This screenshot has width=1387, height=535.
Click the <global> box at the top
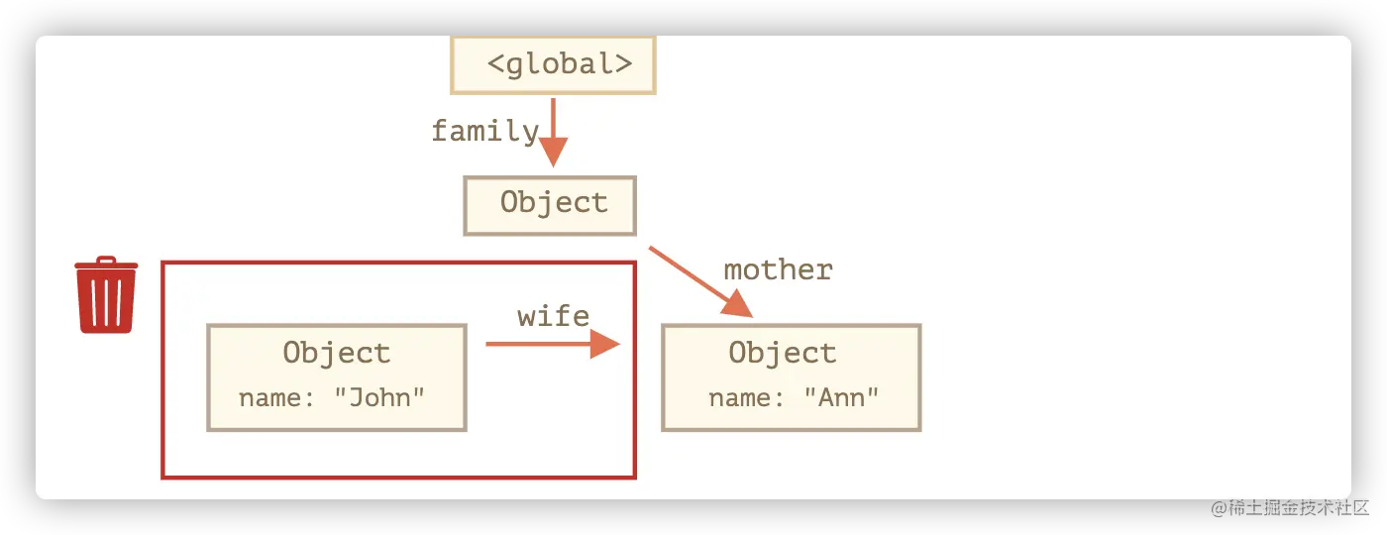point(553,64)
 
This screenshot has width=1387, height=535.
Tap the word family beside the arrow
point(484,131)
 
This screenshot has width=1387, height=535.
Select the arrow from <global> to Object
point(553,129)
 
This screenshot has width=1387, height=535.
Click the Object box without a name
point(550,205)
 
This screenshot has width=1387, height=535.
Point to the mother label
point(778,269)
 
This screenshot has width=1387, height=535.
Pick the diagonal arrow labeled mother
point(698,280)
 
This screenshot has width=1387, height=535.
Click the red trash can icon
point(106,297)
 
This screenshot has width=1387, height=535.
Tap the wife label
point(553,316)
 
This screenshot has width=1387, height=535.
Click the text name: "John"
point(332,398)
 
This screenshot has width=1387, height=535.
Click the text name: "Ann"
point(794,398)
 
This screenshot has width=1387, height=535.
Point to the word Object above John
point(337,353)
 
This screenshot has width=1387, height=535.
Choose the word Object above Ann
point(783,353)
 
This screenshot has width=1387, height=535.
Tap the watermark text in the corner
point(1287,506)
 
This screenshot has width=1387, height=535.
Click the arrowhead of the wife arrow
point(604,344)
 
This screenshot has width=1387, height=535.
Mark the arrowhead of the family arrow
point(553,153)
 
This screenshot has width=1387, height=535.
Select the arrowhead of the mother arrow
point(739,305)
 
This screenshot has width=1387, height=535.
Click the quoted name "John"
point(379,398)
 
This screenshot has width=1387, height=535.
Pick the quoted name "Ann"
point(841,398)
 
